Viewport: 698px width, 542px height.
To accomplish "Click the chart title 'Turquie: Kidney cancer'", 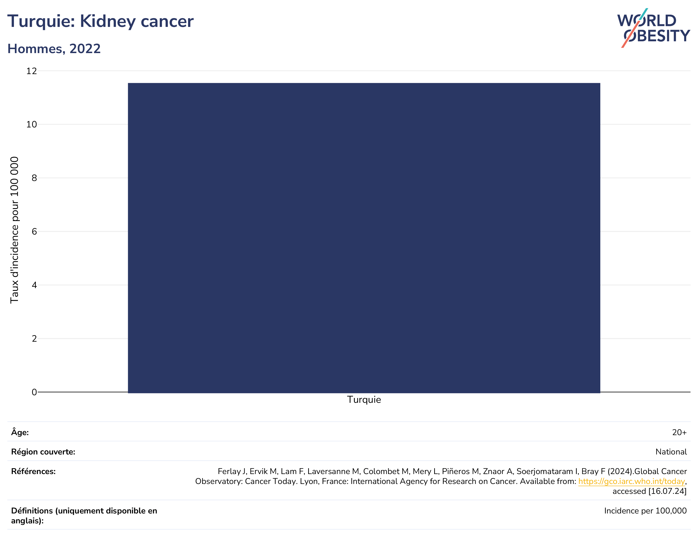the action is coord(100,21).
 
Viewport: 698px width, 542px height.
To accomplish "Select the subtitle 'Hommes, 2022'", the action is coord(54,49).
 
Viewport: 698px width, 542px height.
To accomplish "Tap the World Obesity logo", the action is coord(654,28).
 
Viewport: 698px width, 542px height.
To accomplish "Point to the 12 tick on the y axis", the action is coord(32,71).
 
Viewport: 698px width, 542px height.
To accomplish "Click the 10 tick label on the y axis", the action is coord(32,124).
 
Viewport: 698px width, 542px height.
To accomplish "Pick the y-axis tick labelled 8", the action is coord(34,178).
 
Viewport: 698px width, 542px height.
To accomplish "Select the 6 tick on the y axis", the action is coord(34,231).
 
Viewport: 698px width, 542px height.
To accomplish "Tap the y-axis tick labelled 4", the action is coord(34,285).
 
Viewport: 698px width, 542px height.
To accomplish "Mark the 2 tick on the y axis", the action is coord(34,338).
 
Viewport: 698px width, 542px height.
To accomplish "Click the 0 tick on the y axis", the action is coord(34,392).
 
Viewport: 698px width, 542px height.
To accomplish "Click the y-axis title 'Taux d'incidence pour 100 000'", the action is coord(14,230).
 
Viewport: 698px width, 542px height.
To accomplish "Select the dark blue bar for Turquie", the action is coord(364,238).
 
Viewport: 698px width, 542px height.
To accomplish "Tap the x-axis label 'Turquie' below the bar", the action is coord(364,400).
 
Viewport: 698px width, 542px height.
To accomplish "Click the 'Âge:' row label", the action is coord(20,432).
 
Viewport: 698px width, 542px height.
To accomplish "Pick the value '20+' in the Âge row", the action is coord(679,432).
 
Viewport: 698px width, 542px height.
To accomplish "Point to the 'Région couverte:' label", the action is coord(43,452).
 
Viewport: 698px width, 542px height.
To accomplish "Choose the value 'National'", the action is coord(671,452).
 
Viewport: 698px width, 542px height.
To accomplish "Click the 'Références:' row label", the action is coord(33,471).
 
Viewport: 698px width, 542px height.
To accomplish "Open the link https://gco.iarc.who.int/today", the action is coord(631,482).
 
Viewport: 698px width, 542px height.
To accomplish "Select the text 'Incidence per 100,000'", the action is coord(645,511).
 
